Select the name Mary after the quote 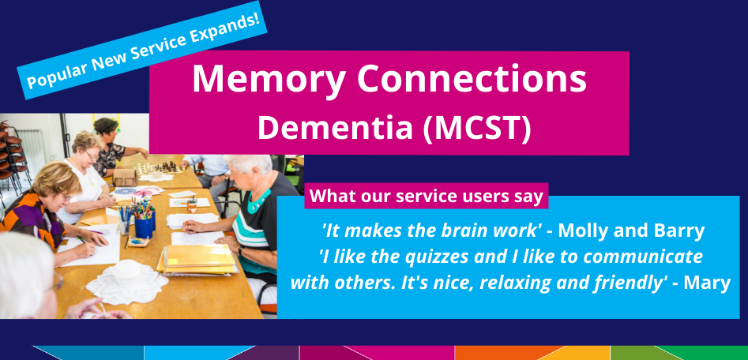click(708, 283)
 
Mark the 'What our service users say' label click(427, 197)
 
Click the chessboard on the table click(159, 168)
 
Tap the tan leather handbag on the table click(125, 178)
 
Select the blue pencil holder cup click(144, 225)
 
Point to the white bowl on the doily click(127, 272)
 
